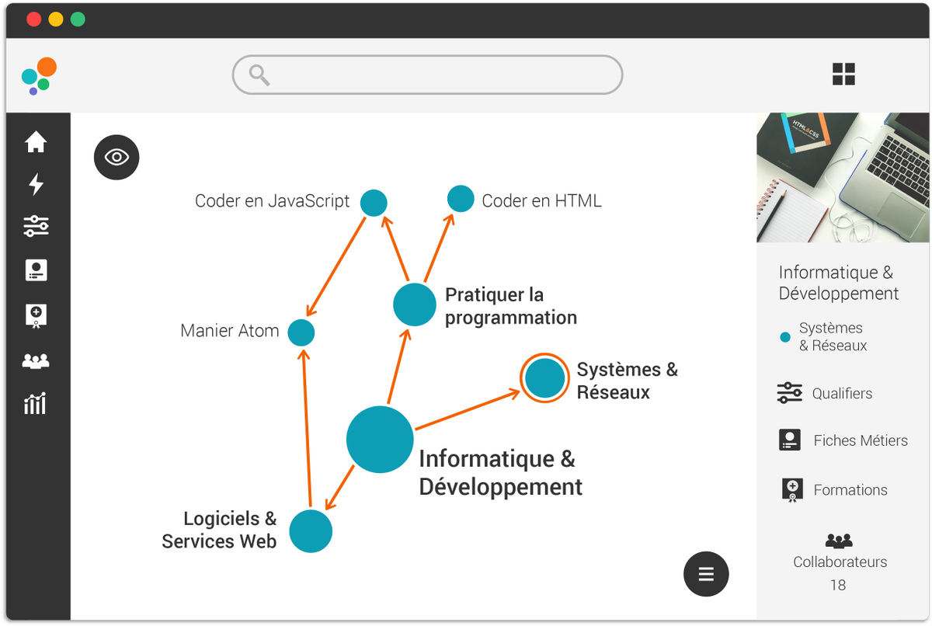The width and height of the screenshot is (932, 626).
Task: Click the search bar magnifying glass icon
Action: click(x=259, y=75)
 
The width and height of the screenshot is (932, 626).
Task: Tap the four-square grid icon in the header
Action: click(x=843, y=75)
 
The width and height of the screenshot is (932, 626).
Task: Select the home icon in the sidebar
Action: click(x=36, y=142)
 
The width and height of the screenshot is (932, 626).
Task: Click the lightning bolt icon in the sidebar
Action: click(x=36, y=184)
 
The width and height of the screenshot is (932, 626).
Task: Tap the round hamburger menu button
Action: click(x=706, y=574)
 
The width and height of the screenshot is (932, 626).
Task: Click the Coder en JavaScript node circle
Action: click(x=374, y=202)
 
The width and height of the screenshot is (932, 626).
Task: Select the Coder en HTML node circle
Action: click(x=461, y=199)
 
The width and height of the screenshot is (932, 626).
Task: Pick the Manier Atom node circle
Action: click(x=301, y=332)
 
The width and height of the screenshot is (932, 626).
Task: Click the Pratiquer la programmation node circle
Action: click(x=415, y=304)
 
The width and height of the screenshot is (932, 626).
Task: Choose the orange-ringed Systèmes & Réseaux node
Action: click(x=544, y=378)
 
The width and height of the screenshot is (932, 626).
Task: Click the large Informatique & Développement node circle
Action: click(x=380, y=439)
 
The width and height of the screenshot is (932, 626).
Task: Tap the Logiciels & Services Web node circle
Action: click(x=311, y=531)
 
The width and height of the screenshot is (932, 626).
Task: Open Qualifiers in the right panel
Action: click(x=842, y=394)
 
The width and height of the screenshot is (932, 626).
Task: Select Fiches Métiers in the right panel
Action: click(x=860, y=440)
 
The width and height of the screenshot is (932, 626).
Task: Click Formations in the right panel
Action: click(x=850, y=490)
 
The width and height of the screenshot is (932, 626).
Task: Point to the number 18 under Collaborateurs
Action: click(x=838, y=585)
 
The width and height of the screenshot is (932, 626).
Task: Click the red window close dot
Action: click(x=34, y=19)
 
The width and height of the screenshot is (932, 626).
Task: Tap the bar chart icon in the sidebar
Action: click(x=36, y=403)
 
